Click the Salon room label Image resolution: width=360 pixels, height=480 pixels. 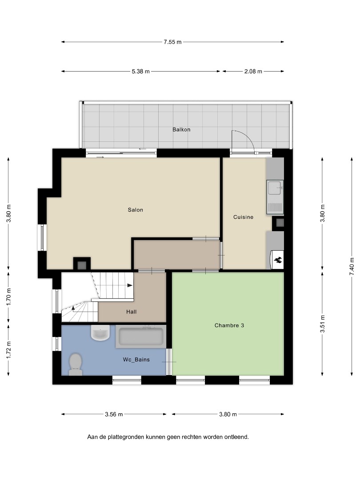pos(135,210)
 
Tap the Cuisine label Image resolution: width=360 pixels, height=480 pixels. pos(244,217)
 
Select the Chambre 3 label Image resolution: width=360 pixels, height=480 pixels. pos(229,325)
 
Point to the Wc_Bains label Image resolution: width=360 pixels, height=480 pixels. pos(136,360)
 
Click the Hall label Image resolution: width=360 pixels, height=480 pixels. pos(131,312)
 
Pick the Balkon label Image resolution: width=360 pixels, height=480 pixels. pos(181,129)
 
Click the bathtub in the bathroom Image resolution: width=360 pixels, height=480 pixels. pos(141,336)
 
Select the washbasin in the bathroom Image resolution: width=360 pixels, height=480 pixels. pos(100,333)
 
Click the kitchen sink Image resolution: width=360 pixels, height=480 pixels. pos(275,197)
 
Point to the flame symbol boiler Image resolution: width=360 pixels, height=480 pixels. pos(277,260)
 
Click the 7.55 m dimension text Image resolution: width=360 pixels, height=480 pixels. pos(172,42)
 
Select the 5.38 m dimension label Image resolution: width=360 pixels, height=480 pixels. pos(141,71)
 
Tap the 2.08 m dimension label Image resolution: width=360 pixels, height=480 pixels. pos(253,71)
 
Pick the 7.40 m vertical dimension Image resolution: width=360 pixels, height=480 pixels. pos(352,266)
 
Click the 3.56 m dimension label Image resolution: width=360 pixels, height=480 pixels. pos(114,414)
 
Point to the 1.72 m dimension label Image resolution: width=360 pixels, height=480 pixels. pos(8,350)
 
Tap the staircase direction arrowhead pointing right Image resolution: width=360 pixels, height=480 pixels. pos(130,285)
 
